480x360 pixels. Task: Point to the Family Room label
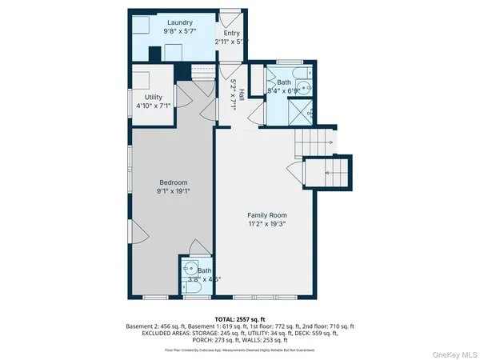tap(267, 216)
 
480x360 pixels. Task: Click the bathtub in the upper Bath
tap(298, 73)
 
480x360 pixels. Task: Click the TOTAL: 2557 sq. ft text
tap(240, 319)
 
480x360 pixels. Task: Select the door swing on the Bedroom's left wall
tap(138, 234)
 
